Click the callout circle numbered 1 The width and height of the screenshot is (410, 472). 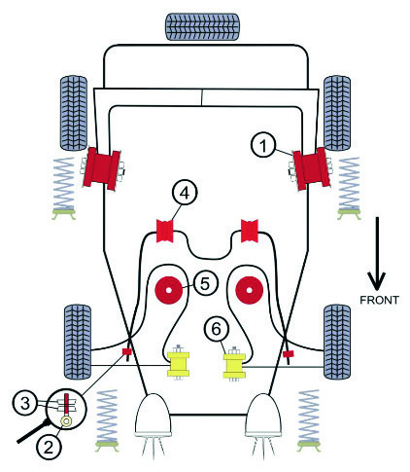[x=263, y=146]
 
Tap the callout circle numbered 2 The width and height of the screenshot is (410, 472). [x=49, y=448]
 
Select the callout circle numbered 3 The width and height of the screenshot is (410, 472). [x=25, y=404]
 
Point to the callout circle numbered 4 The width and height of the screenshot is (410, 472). [x=185, y=194]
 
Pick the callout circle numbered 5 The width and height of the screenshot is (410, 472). [x=206, y=283]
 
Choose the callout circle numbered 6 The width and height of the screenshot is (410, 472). [x=216, y=329]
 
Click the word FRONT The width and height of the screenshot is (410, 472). [x=379, y=300]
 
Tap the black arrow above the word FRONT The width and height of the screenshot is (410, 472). [x=376, y=253]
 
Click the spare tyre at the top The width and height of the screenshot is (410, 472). [x=203, y=27]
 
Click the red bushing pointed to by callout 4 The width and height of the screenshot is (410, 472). [x=165, y=231]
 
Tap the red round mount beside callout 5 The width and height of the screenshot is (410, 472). [x=168, y=290]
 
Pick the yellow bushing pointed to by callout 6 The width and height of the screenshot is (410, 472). [x=234, y=366]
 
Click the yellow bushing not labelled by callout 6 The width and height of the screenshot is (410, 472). [x=178, y=364]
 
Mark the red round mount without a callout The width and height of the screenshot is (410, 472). [x=249, y=290]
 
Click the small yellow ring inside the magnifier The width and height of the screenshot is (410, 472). [x=66, y=421]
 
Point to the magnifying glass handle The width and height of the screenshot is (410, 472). [x=33, y=432]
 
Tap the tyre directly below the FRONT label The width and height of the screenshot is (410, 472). [x=337, y=342]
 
